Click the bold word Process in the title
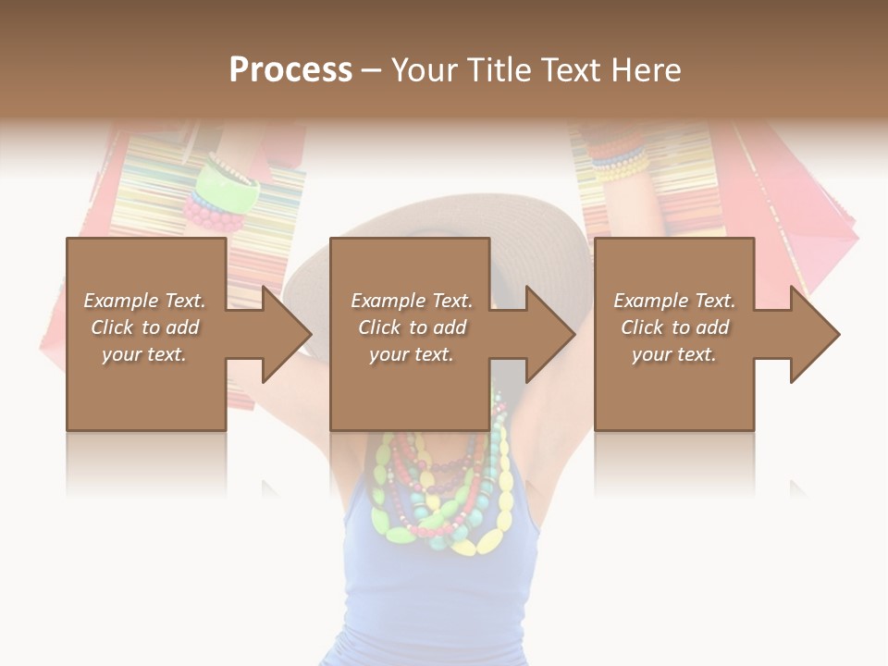coord(290,70)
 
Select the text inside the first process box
coord(145,327)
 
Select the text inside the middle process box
coord(411,327)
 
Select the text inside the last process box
coord(674,327)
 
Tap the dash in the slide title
coord(371,70)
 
